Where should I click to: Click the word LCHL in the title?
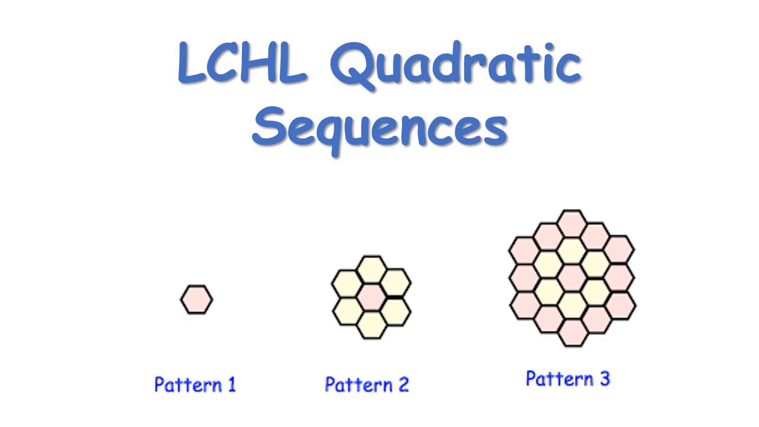[x=242, y=62]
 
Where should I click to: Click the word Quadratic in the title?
[x=455, y=64]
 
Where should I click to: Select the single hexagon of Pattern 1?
[x=196, y=299]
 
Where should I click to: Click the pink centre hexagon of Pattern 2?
[x=372, y=297]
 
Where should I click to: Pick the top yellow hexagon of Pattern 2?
[x=372, y=270]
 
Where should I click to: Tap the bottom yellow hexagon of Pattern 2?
[x=372, y=324]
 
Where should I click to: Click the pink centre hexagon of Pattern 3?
[x=572, y=278]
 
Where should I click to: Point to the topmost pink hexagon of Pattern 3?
[x=572, y=222]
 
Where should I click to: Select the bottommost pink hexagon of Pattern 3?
[x=572, y=333]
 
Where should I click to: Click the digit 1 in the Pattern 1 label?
[x=231, y=385]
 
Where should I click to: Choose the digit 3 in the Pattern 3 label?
[x=604, y=379]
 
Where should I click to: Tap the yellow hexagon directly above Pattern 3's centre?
[x=572, y=250]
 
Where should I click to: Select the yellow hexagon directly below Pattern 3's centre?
[x=572, y=305]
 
